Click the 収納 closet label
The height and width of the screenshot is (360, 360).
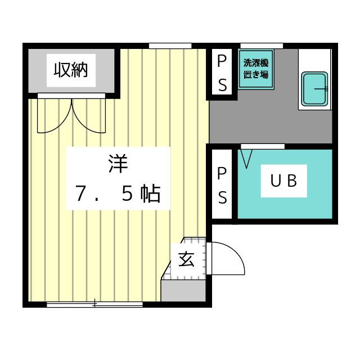pos(71,70)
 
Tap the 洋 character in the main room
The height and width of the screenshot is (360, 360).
pos(119,164)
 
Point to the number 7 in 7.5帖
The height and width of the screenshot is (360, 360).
pos(82,193)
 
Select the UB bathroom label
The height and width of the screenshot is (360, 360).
pos(283,181)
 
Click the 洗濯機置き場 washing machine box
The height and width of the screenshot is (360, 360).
pos(256,70)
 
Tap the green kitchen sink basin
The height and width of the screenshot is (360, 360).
pos(314,89)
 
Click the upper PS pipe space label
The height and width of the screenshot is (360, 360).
pos(223,73)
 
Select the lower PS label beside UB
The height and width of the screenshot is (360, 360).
pos(223,186)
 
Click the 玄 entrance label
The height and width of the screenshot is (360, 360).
pos(186,260)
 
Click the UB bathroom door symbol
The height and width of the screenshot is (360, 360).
pos(246,157)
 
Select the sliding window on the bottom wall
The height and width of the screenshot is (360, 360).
pos(94,305)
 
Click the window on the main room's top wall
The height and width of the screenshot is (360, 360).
pos(170,46)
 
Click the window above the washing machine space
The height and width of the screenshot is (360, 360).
pos(261,46)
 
